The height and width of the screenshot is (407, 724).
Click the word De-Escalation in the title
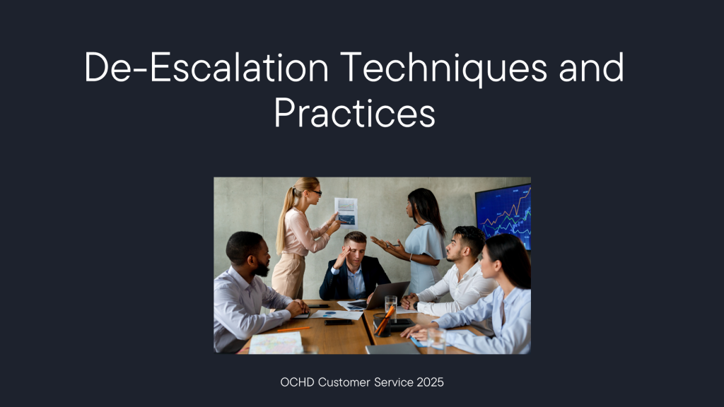point(206,67)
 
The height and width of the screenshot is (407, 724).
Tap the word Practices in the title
point(355,112)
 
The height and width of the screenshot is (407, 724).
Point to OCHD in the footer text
point(297,382)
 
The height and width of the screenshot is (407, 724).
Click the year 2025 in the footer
point(430,382)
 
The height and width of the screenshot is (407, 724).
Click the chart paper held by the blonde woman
point(346,212)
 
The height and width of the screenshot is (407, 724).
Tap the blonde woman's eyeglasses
point(316,192)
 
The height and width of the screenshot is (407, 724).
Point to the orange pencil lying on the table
point(293,329)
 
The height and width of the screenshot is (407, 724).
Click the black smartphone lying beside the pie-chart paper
point(339,322)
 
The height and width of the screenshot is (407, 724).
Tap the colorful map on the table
point(276,343)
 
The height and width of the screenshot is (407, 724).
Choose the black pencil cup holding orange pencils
point(382,325)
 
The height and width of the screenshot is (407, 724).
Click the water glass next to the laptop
point(390,307)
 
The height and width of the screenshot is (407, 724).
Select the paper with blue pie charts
point(336,314)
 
